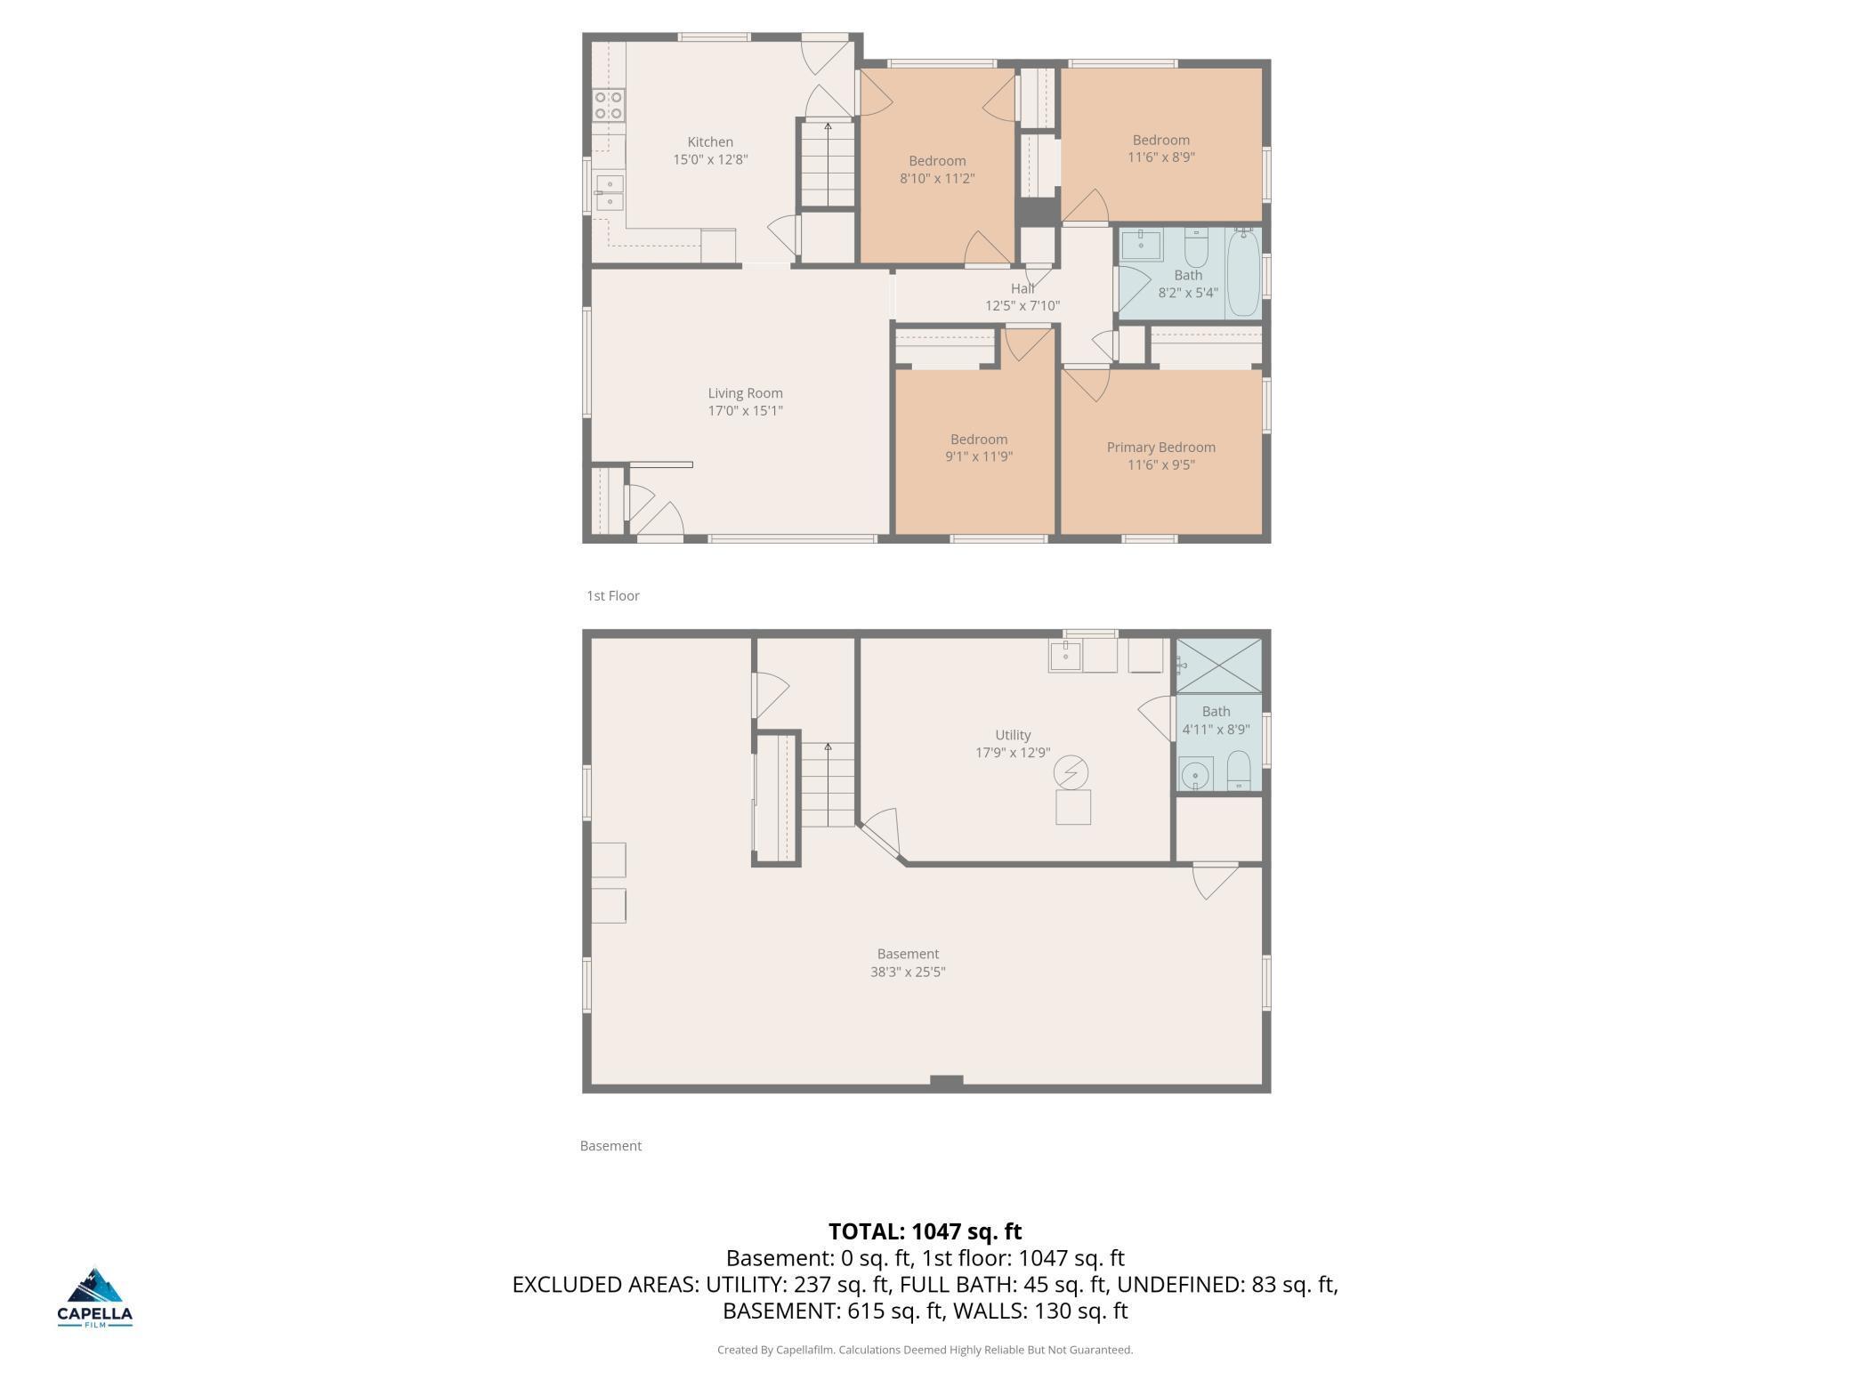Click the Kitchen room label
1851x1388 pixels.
pyautogui.click(x=710, y=142)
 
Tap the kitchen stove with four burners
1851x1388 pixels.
pyautogui.click(x=609, y=105)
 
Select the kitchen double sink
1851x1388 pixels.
pyautogui.click(x=610, y=192)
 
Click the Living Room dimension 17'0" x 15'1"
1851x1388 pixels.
pyautogui.click(x=745, y=411)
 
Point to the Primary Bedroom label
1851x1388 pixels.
pyautogui.click(x=1160, y=448)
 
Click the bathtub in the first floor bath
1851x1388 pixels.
pyautogui.click(x=1243, y=272)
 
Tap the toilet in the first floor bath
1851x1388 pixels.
pyautogui.click(x=1195, y=248)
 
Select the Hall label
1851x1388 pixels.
pyautogui.click(x=1022, y=288)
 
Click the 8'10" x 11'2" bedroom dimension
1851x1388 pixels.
pyautogui.click(x=937, y=179)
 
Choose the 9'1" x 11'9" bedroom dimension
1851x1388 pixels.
pyautogui.click(x=979, y=457)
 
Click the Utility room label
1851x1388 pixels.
pyautogui.click(x=1013, y=735)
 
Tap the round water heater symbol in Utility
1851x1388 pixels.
pyautogui.click(x=1071, y=772)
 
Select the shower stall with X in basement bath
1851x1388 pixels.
pyautogui.click(x=1218, y=666)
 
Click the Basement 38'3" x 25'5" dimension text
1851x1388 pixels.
pyautogui.click(x=908, y=972)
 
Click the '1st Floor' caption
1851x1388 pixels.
pyautogui.click(x=613, y=596)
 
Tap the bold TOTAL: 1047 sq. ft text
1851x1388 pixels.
pyautogui.click(x=925, y=1231)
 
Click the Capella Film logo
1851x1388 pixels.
pyautogui.click(x=95, y=1297)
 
